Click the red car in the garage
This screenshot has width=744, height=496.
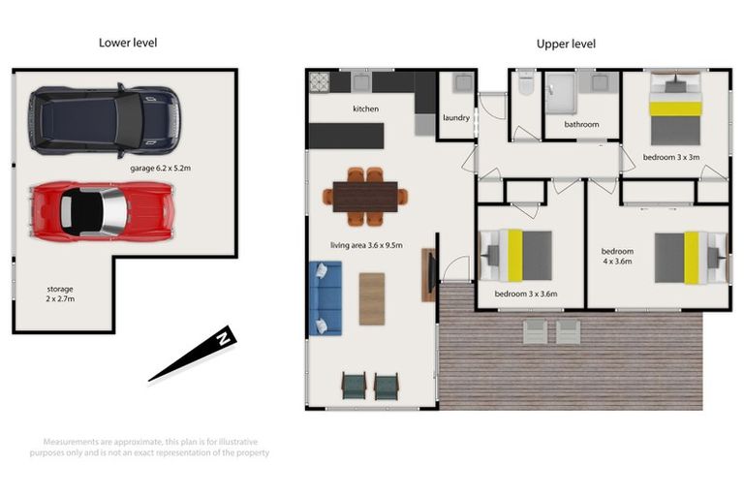click(x=102, y=210)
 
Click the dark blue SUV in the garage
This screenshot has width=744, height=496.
click(x=105, y=120)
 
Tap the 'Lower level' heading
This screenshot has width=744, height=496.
click(x=128, y=43)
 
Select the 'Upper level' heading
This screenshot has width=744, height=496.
click(x=566, y=45)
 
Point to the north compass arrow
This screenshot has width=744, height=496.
click(x=192, y=354)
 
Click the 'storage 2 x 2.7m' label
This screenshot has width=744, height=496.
click(x=60, y=294)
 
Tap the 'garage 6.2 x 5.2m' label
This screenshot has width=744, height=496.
click(x=161, y=168)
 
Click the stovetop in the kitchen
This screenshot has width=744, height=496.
click(x=320, y=82)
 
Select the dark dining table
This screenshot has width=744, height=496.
click(x=365, y=197)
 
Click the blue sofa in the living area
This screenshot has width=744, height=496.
click(x=325, y=298)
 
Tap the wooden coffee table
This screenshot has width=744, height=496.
click(x=372, y=299)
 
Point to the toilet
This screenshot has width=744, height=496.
click(x=526, y=82)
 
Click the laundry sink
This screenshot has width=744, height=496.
click(x=463, y=82)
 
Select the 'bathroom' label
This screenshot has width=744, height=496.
click(x=581, y=124)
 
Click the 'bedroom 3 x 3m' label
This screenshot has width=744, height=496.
click(x=671, y=157)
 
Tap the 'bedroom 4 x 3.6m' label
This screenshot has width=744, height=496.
click(x=617, y=257)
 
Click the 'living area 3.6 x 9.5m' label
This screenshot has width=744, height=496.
click(x=366, y=245)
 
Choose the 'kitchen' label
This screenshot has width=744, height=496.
click(x=366, y=108)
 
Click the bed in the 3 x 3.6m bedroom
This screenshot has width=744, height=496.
click(x=516, y=256)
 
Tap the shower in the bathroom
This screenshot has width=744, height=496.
click(x=560, y=93)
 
